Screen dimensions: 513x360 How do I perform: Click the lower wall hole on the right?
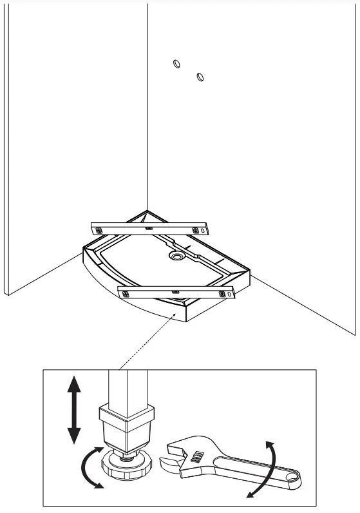200,77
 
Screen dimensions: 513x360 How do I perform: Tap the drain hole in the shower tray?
176,256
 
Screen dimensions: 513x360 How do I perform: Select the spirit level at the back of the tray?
151,227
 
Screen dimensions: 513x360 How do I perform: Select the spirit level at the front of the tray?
176,291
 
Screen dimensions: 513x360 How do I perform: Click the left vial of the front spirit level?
126,293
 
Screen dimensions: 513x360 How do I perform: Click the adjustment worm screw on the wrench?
199,458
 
